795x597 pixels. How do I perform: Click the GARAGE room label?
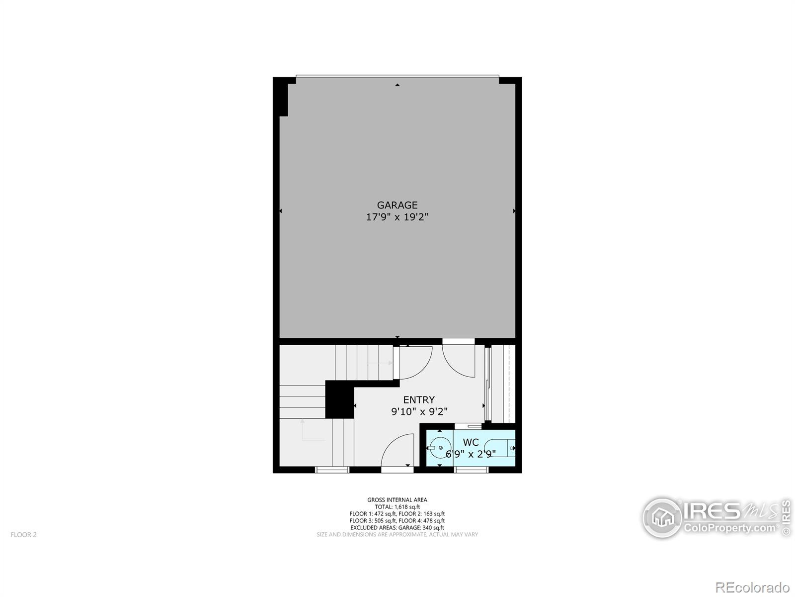point(397,205)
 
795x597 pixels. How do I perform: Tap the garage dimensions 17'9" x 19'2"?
point(397,217)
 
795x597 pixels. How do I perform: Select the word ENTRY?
point(419,400)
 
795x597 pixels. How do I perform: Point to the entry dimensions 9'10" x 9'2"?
point(419,412)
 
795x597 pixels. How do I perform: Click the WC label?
point(471,442)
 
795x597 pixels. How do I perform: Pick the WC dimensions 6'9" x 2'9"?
point(471,454)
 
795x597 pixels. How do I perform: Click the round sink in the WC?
point(440,448)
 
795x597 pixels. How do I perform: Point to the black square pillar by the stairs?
point(339,399)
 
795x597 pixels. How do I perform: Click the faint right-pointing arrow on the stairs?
point(380,363)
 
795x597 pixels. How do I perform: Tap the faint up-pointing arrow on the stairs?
point(303,430)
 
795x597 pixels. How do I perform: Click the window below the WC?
point(471,470)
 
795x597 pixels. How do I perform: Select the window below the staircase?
point(332,470)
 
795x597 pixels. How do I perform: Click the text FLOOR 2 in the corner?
point(23,535)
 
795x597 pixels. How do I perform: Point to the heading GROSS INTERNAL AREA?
point(397,500)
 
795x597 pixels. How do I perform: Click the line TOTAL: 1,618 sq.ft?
point(397,507)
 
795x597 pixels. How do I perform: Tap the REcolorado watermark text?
point(752,587)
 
